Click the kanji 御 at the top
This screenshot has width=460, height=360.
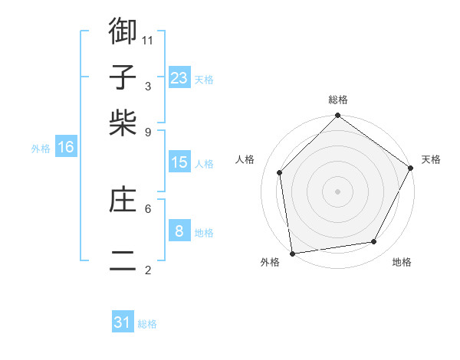tap(123, 32)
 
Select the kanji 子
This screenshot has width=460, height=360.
tap(123, 77)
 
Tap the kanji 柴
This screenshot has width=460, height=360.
tap(123, 123)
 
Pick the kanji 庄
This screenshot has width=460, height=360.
tap(123, 201)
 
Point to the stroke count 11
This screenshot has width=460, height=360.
tap(149, 39)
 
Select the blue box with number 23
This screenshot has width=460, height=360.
tap(179, 78)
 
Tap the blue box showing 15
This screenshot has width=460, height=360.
tap(179, 162)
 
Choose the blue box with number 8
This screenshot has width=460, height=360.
tap(179, 231)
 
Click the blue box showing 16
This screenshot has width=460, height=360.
tap(66, 147)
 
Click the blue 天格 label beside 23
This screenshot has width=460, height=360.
tap(204, 80)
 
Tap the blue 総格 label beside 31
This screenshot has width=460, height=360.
tap(147, 324)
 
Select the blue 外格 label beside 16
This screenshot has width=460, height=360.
tap(41, 149)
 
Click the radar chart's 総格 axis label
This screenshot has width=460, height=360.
tap(338, 100)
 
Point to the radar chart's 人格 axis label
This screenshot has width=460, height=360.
tap(245, 159)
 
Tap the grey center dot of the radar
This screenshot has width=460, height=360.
tap(338, 191)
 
